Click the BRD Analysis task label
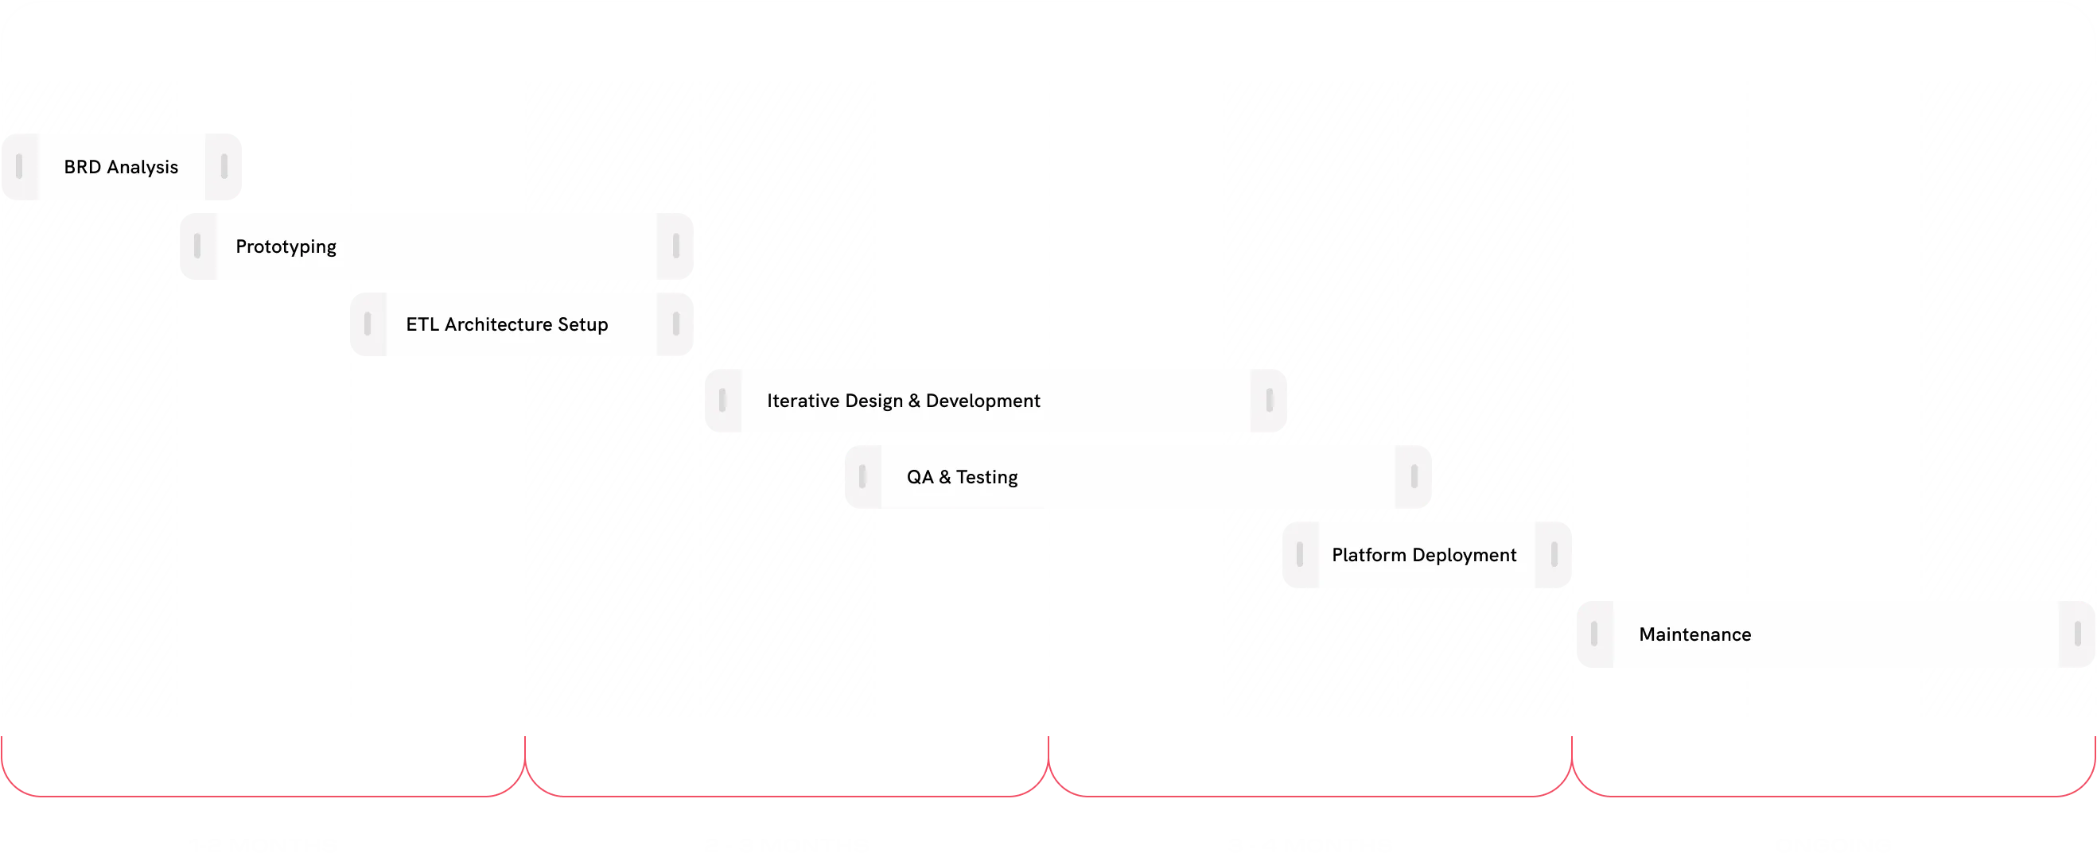click(120, 167)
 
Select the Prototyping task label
click(286, 246)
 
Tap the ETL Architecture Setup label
click(506, 324)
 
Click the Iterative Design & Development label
click(903, 401)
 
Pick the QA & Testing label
click(963, 477)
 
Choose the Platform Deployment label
click(1424, 555)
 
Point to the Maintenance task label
click(1694, 634)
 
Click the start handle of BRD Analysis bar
click(19, 167)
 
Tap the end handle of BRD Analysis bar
click(224, 167)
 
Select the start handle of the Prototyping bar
click(197, 246)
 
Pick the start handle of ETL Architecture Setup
click(368, 324)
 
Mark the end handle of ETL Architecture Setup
click(675, 324)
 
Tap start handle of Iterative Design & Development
click(722, 401)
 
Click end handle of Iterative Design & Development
click(1269, 401)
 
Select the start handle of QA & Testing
click(862, 477)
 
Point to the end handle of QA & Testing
click(1414, 477)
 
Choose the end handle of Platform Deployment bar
click(1554, 555)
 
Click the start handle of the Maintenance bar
click(1594, 634)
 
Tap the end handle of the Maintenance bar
click(2077, 634)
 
